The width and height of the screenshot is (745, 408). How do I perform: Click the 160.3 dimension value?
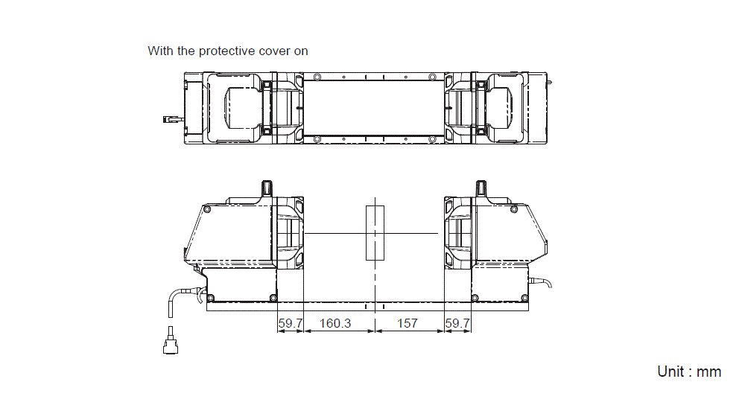[335, 323]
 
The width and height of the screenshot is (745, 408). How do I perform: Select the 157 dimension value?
[408, 323]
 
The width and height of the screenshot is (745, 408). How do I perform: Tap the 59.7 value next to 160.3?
[291, 323]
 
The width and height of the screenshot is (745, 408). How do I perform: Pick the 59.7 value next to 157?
[457, 323]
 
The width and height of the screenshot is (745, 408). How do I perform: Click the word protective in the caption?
[226, 51]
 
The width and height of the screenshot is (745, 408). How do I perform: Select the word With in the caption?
[161, 51]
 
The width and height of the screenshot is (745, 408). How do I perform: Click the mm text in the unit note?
[708, 372]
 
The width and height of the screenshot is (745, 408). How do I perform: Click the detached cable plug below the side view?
[171, 340]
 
